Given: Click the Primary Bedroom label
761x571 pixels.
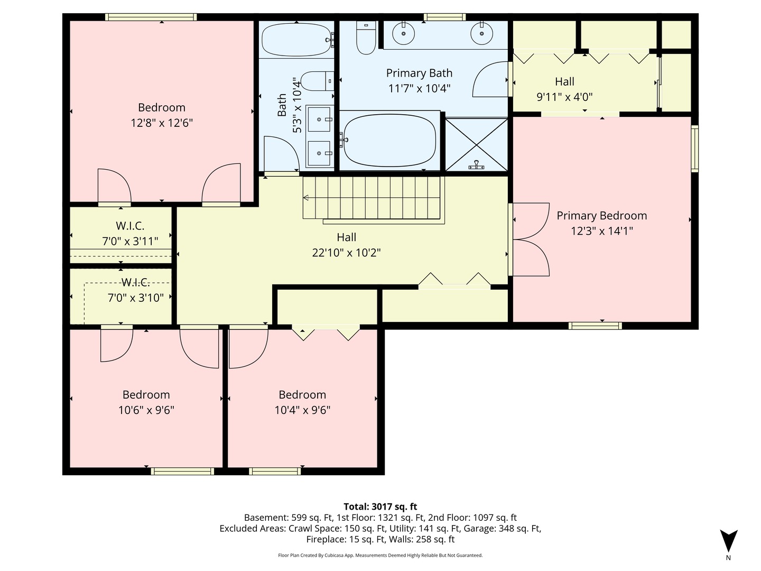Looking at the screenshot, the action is click(601, 216).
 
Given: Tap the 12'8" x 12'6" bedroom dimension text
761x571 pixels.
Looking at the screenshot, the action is click(162, 123).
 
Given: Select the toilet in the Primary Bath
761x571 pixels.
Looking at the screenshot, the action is click(366, 38).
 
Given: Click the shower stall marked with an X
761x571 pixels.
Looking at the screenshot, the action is click(476, 144).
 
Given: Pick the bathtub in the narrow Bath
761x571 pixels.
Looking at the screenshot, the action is click(296, 40).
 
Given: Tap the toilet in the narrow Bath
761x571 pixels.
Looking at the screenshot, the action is click(317, 81).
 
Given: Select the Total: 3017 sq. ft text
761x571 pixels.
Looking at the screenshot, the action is click(380, 506).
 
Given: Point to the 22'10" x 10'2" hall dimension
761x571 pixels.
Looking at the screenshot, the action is click(346, 253).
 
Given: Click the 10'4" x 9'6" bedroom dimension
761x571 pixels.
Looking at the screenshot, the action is click(302, 410).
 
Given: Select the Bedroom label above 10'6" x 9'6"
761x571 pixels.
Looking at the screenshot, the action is click(146, 394).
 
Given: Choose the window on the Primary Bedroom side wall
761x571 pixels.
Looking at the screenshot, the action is click(695, 149).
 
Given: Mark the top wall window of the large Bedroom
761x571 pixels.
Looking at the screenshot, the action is click(151, 17).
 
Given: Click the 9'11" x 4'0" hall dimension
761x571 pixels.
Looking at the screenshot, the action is click(564, 97).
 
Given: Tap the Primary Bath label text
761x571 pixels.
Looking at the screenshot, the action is click(419, 73).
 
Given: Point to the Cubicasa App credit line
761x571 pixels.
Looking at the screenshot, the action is click(380, 555).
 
